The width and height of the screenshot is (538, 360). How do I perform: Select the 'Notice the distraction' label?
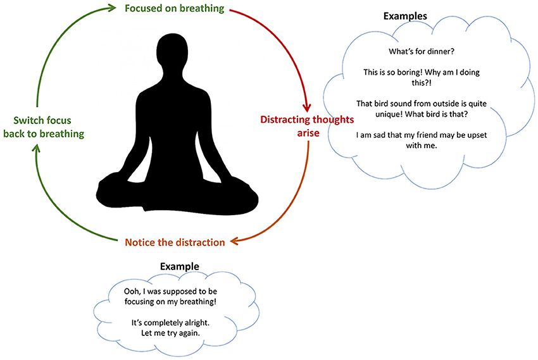point(175,242)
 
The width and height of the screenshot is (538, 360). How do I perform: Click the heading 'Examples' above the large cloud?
point(406,15)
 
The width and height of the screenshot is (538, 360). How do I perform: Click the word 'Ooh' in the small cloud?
point(116,291)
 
